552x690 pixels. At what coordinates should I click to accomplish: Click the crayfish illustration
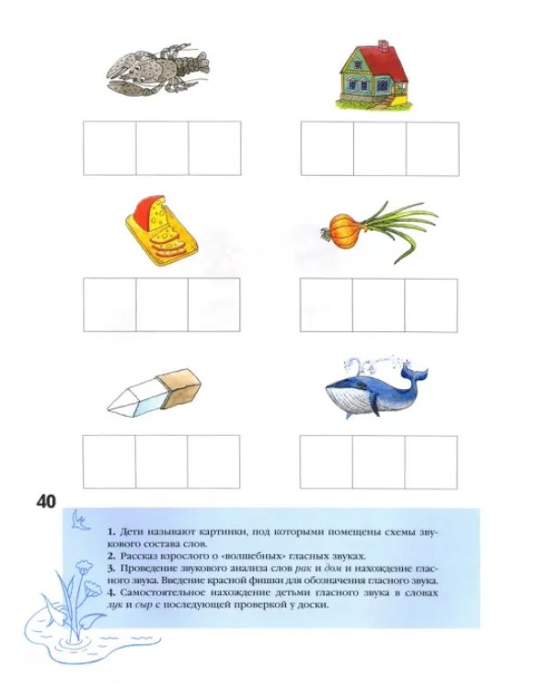click(157, 70)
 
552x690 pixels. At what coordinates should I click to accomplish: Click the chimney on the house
click(384, 44)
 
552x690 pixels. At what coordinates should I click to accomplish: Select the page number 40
click(47, 501)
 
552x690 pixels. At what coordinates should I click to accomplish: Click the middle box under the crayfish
click(162, 148)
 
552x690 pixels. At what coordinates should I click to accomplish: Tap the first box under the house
click(328, 149)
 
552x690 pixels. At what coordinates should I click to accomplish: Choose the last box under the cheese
click(214, 305)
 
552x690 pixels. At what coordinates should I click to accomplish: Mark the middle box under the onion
click(378, 305)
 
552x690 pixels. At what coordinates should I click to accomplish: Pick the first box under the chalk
click(109, 462)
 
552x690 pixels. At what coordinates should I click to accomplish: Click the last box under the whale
click(431, 462)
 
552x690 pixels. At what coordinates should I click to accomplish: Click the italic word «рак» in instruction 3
click(303, 569)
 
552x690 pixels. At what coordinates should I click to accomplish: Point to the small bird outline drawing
click(80, 520)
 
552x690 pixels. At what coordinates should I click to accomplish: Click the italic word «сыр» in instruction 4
click(144, 605)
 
